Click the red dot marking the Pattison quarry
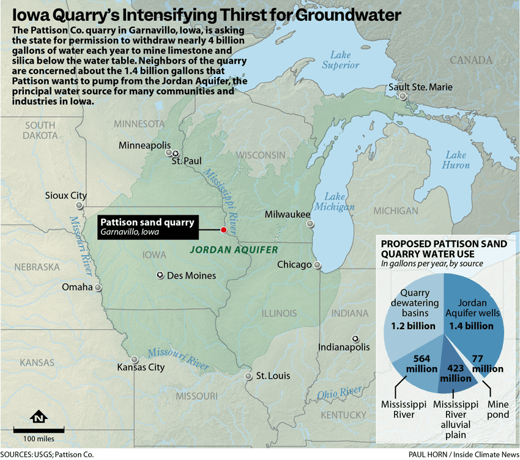223,229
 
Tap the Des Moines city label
191,276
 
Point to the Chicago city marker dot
318,265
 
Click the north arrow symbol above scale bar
39,417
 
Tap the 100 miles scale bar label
39,439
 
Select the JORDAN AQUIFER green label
234,250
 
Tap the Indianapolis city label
344,347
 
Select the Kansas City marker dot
135,359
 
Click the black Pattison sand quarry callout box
147,227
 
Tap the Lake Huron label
457,160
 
